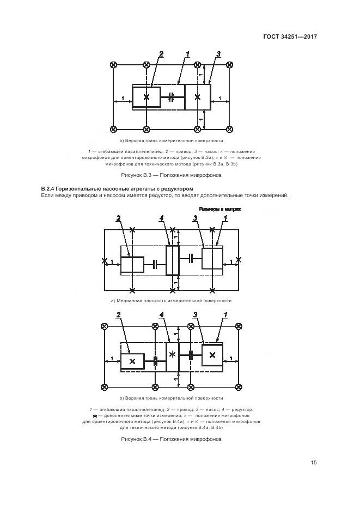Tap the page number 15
[x=314, y=463]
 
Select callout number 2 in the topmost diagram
[x=161, y=53]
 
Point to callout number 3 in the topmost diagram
[x=218, y=53]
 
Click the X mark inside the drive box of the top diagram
[x=147, y=97]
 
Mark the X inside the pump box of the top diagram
[x=198, y=97]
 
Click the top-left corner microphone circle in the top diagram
[x=113, y=65]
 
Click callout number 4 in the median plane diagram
[x=161, y=218]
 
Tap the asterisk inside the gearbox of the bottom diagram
[x=172, y=354]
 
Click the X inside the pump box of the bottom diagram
[x=212, y=355]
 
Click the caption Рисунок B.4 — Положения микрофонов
[x=172, y=439]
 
